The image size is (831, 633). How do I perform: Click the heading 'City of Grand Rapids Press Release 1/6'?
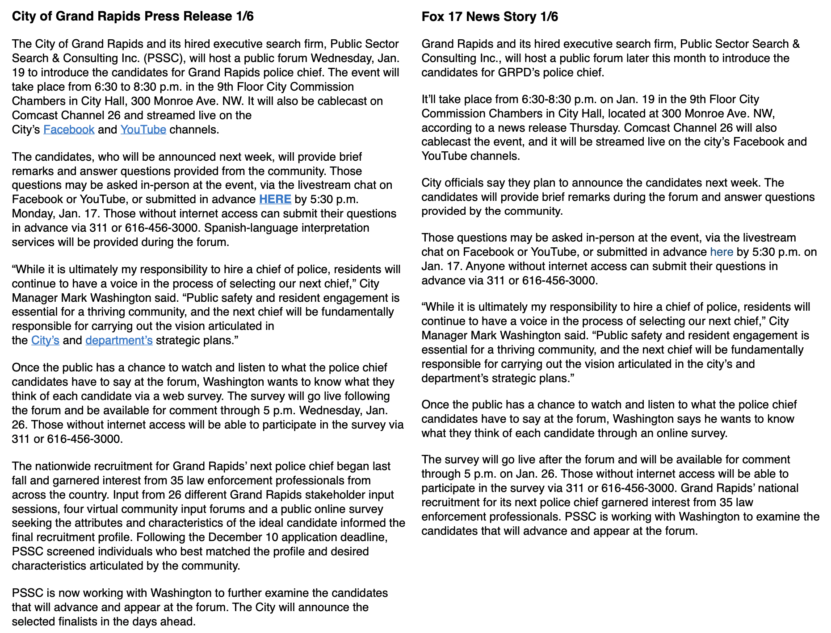[133, 17]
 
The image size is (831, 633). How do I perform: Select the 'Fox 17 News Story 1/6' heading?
[490, 17]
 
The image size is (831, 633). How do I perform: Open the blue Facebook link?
[69, 129]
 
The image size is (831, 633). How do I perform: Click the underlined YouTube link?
[143, 129]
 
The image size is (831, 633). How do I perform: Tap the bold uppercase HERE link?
[275, 199]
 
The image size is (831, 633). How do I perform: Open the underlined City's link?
[45, 340]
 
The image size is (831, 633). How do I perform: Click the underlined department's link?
[119, 340]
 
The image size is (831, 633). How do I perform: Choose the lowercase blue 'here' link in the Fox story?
[722, 252]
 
